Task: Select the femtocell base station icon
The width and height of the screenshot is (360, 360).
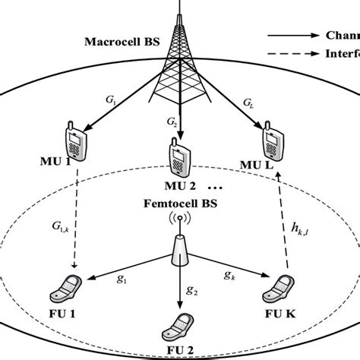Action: pyautogui.click(x=179, y=247)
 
